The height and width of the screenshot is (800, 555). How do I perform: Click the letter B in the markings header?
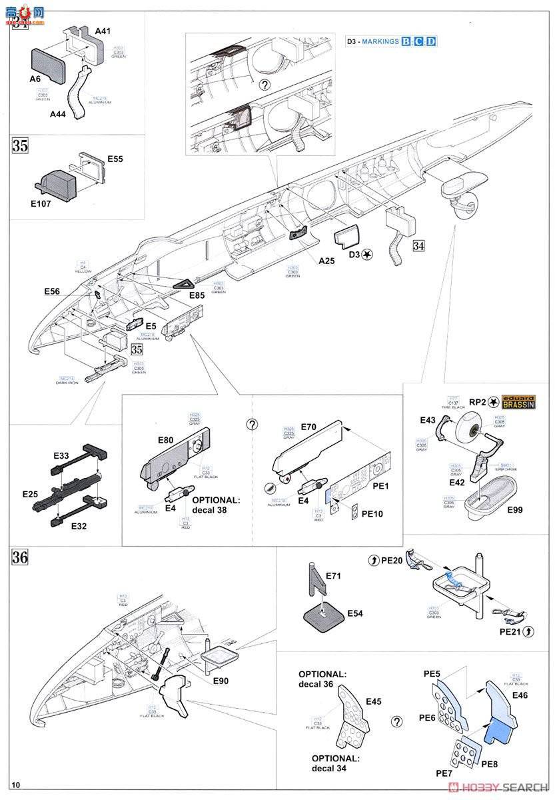pos(406,41)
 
